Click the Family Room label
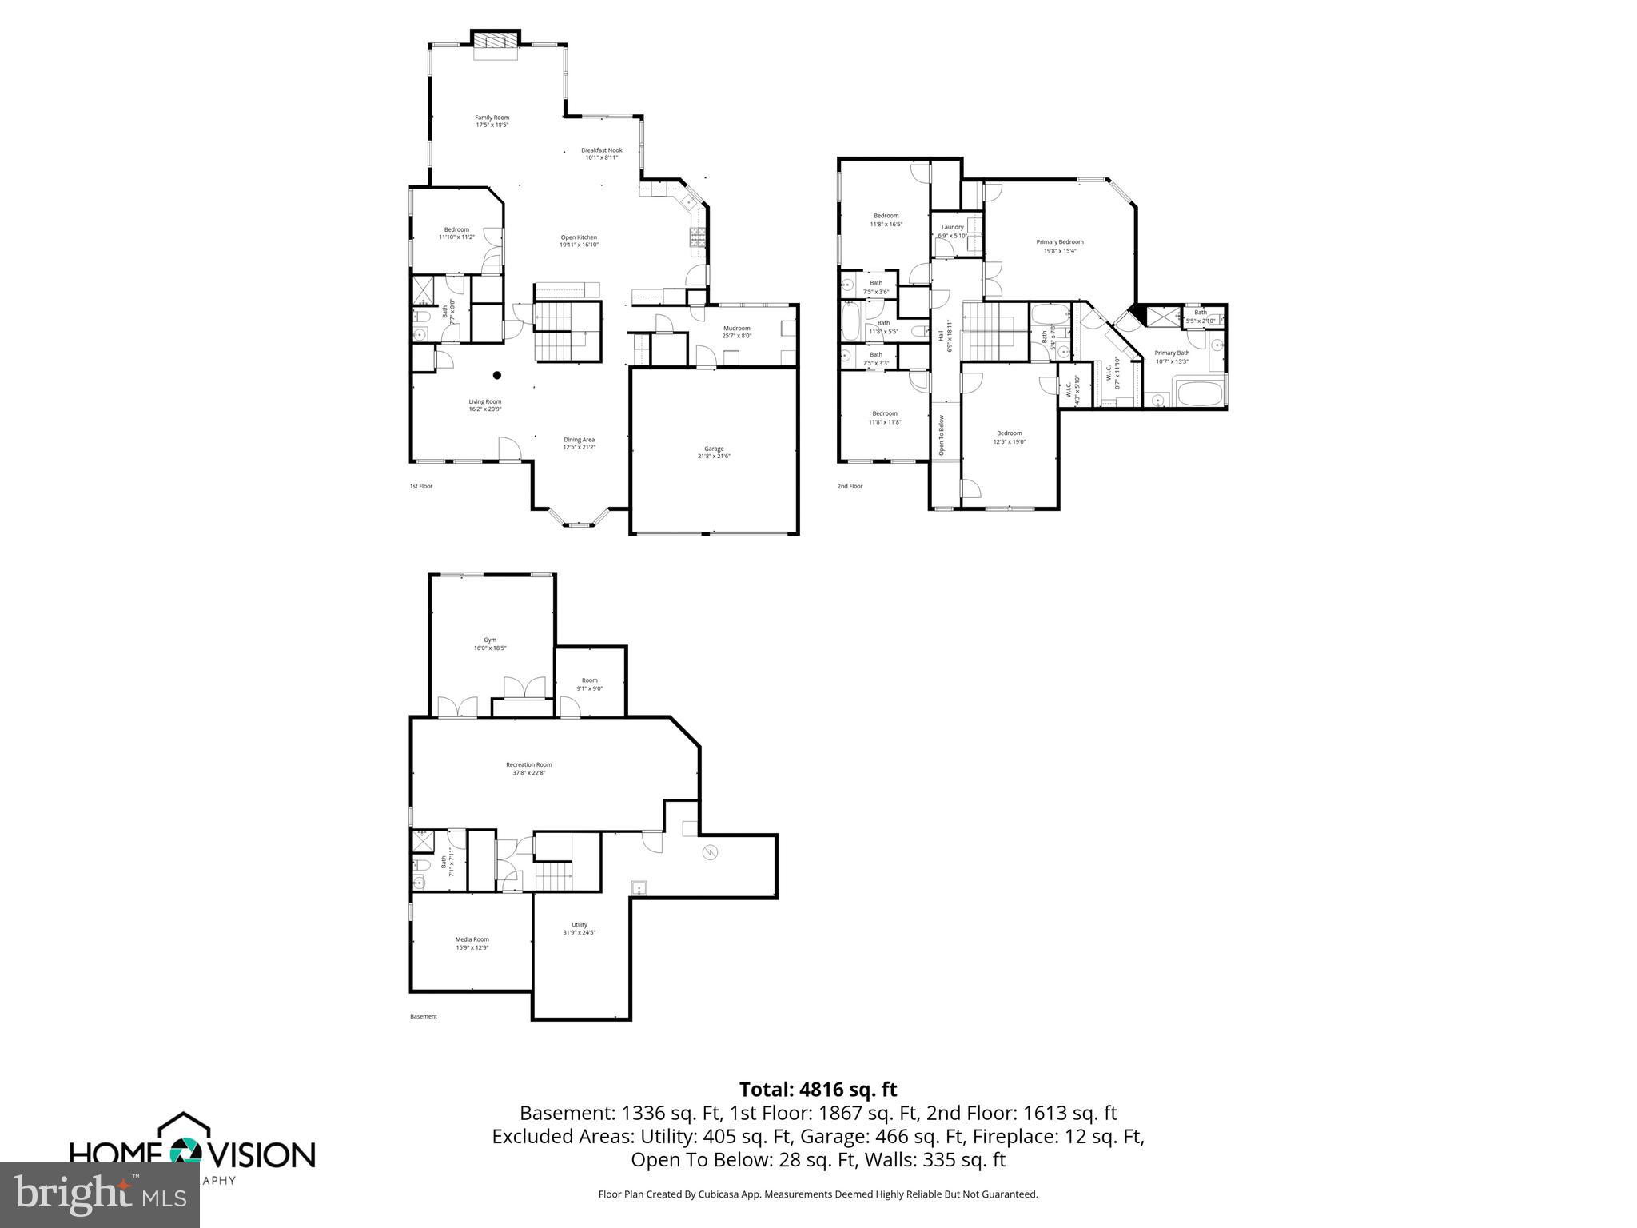pyautogui.click(x=492, y=118)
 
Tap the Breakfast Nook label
pyautogui.click(x=601, y=150)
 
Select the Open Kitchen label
pyautogui.click(x=579, y=237)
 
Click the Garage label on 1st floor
pyautogui.click(x=714, y=449)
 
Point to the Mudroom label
pyautogui.click(x=736, y=329)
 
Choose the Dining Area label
pyautogui.click(x=579, y=440)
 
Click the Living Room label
pyautogui.click(x=484, y=402)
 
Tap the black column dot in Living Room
pyautogui.click(x=496, y=375)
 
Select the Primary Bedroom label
pyautogui.click(x=1060, y=242)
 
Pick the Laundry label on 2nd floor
pyautogui.click(x=952, y=227)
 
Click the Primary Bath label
pyautogui.click(x=1172, y=353)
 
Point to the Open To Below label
pyautogui.click(x=942, y=435)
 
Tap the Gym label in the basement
pyautogui.click(x=490, y=640)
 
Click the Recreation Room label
pyautogui.click(x=528, y=764)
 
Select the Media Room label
pyautogui.click(x=472, y=939)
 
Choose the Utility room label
pyautogui.click(x=580, y=924)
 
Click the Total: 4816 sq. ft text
pyautogui.click(x=818, y=1090)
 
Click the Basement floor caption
pyautogui.click(x=424, y=1017)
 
